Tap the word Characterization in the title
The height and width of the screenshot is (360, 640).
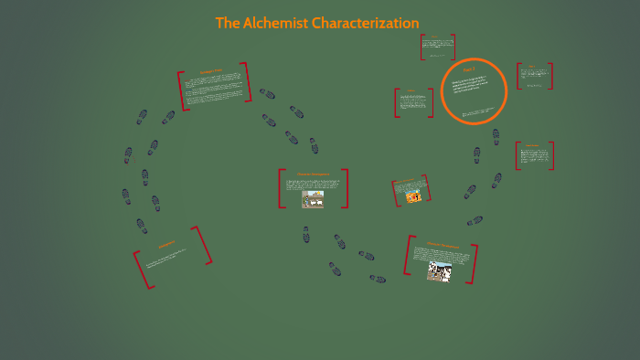click(366, 23)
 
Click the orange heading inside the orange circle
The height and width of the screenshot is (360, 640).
click(469, 70)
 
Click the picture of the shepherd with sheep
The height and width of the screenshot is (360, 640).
click(313, 198)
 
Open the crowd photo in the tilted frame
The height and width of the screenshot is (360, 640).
click(439, 270)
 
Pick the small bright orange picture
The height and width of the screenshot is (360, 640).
click(413, 196)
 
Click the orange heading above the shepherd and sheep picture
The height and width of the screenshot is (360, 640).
click(313, 174)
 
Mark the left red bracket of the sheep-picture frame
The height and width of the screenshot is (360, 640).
click(282, 188)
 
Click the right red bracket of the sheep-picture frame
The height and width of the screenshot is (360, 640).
click(346, 188)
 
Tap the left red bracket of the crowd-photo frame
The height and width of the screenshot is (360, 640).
click(407, 255)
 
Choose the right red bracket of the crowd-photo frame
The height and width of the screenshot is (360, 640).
click(474, 264)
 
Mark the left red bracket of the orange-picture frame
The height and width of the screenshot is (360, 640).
click(394, 193)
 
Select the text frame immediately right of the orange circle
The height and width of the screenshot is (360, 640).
click(535, 76)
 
